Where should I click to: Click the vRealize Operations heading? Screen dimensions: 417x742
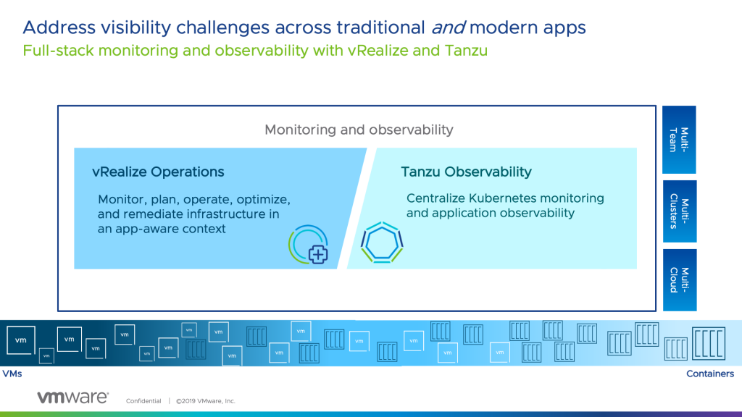[158, 172]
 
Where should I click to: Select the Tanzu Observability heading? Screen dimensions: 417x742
[466, 172]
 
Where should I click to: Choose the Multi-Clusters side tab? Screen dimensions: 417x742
[679, 211]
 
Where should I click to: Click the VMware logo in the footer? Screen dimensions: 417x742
[72, 397]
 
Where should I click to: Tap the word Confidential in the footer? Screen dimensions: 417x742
[143, 401]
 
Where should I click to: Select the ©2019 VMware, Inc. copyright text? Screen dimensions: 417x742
[205, 401]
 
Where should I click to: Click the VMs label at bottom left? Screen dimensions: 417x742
[12, 374]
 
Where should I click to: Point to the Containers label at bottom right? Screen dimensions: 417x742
[709, 374]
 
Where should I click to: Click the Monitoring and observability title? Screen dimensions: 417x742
[359, 130]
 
